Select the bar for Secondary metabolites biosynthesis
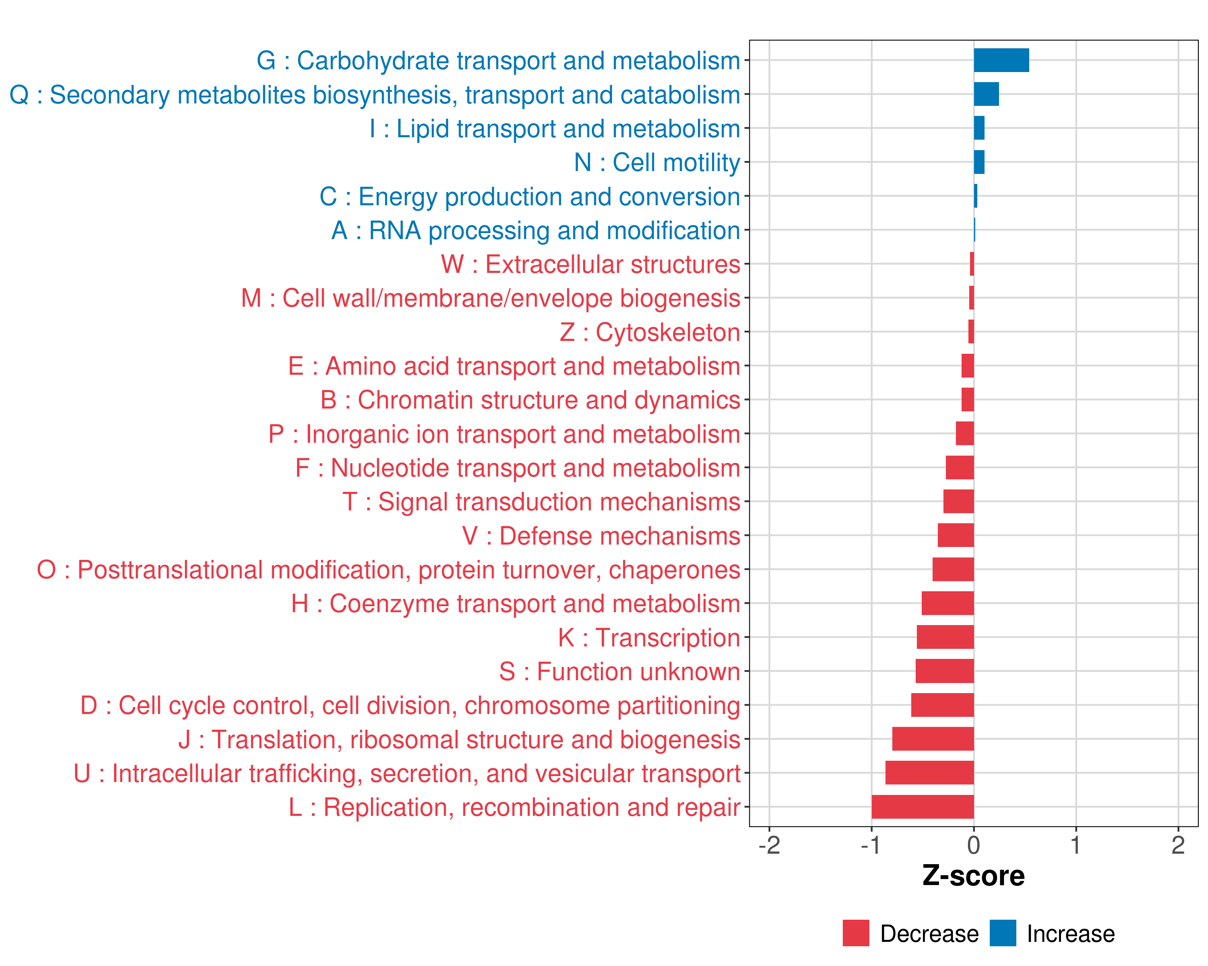coord(986,94)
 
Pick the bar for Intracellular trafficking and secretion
coord(929,773)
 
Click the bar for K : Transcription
coord(945,637)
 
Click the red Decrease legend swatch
coord(856,933)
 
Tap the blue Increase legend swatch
coord(1002,933)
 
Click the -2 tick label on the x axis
coord(769,845)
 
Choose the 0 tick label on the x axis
coord(973,845)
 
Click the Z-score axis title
coord(973,876)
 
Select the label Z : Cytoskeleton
coord(650,332)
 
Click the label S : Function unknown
coord(619,671)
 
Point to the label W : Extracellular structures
coord(591,264)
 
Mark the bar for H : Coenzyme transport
coord(947,603)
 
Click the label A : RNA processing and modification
coord(536,230)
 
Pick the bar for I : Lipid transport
coord(979,128)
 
